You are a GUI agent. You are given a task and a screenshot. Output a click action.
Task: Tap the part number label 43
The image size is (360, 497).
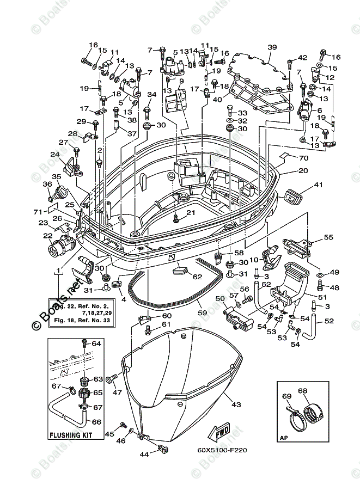(236, 404)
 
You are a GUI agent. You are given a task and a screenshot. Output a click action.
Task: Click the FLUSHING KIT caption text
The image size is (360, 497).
(70, 435)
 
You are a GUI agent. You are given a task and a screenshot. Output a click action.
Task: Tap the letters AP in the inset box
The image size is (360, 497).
(283, 437)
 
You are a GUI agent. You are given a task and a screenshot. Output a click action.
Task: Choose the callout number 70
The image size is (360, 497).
(303, 158)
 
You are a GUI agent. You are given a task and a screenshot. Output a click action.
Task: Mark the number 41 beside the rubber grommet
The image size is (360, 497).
(319, 185)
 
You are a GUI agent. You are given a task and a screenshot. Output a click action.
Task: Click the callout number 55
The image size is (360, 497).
(328, 237)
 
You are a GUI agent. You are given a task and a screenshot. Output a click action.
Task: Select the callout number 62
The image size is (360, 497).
(197, 277)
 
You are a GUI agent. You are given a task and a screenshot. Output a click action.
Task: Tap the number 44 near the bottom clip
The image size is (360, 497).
(144, 453)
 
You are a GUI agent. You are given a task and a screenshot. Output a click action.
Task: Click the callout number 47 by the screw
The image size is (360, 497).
(116, 392)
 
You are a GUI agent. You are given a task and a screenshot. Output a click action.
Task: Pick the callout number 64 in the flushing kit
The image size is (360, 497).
(96, 343)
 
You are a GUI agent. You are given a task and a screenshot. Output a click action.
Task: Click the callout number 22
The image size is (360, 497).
(48, 235)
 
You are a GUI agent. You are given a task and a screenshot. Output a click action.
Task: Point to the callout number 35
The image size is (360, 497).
(56, 176)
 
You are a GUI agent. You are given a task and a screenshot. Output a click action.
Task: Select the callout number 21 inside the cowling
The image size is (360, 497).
(190, 212)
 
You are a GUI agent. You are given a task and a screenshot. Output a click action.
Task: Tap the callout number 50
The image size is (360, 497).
(219, 299)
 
